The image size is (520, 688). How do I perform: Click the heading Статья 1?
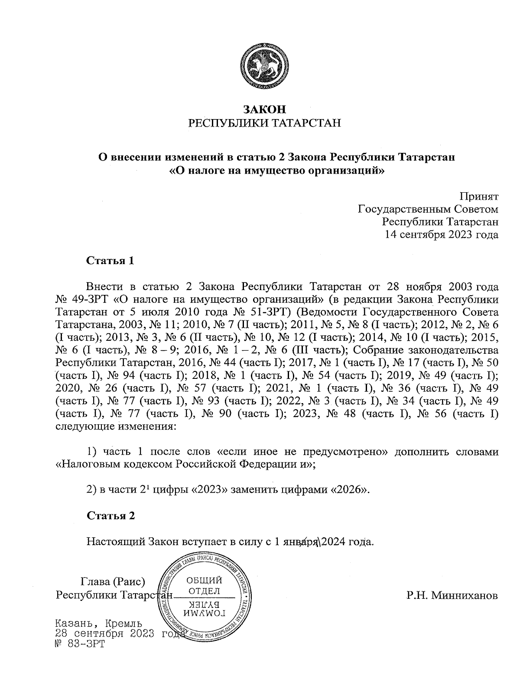click(x=110, y=261)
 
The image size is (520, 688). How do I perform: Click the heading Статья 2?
click(x=111, y=516)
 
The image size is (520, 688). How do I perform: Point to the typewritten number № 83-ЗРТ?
click(x=81, y=643)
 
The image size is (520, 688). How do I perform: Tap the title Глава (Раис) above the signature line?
click(x=113, y=581)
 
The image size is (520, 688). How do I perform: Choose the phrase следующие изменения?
click(x=116, y=426)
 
